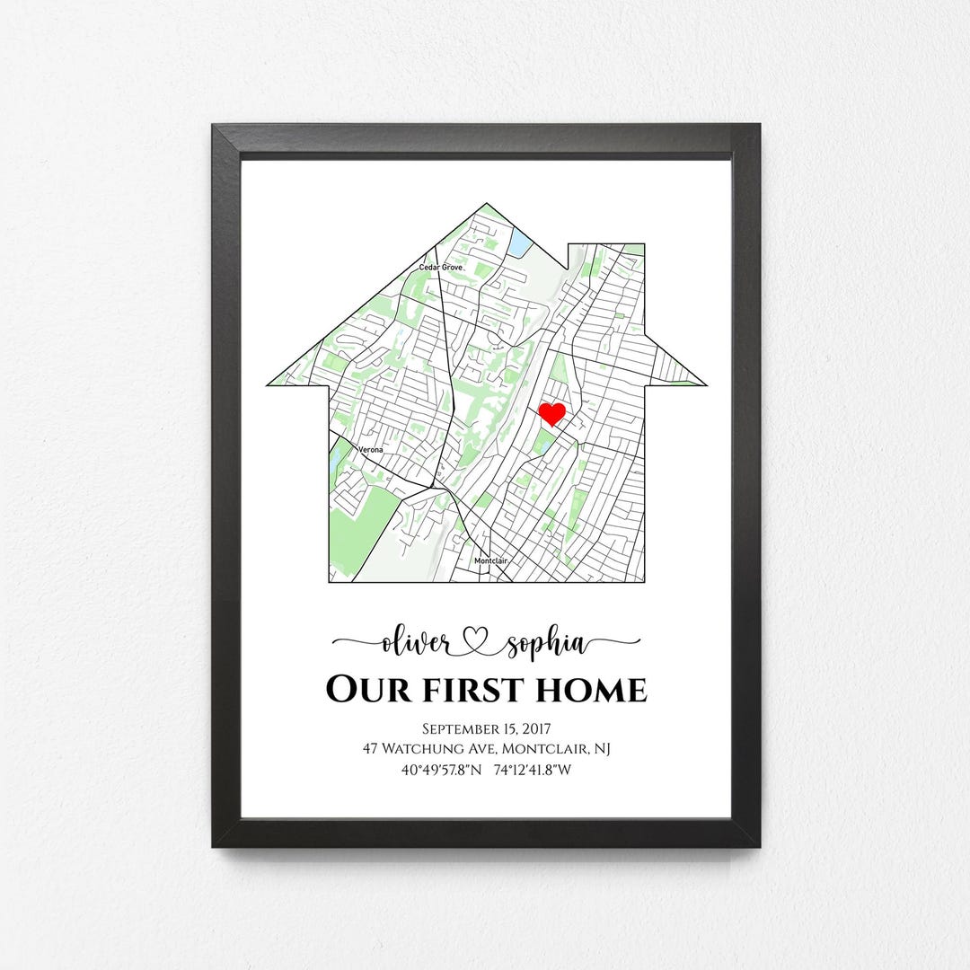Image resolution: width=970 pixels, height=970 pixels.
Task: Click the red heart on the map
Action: (551, 414)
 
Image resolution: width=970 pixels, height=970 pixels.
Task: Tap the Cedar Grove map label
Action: (439, 268)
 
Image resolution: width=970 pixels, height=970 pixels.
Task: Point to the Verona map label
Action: (370, 449)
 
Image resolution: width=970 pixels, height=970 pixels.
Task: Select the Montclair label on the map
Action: (491, 561)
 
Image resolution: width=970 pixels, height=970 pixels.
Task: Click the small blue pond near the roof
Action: (520, 242)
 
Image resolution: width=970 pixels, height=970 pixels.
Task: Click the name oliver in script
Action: (416, 643)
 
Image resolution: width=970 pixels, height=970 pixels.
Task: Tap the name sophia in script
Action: (546, 644)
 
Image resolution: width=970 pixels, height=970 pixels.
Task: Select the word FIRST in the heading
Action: (468, 691)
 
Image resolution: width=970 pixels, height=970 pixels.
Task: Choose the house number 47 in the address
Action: (371, 748)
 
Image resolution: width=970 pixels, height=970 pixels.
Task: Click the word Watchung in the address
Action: (420, 748)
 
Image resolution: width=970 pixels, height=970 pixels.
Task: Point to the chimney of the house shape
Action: (607, 256)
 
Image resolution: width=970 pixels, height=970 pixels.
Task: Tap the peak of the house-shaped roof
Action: (487, 207)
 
